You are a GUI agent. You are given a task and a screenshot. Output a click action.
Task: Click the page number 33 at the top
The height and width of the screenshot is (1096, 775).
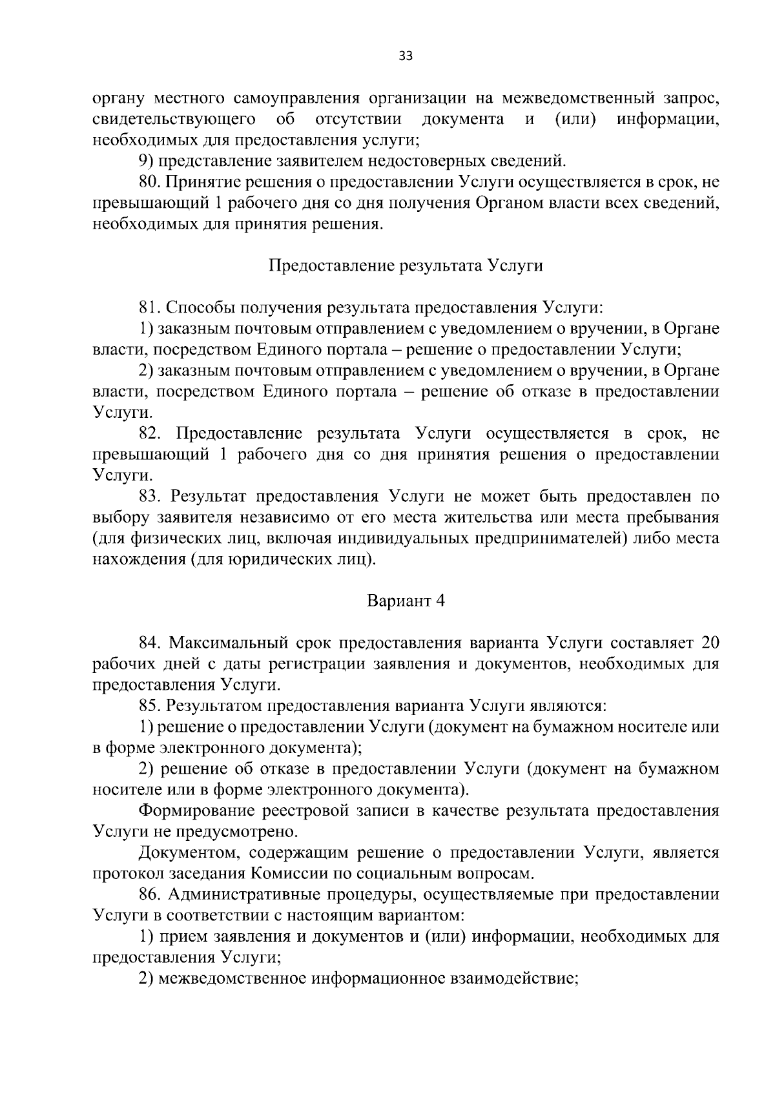[x=405, y=56]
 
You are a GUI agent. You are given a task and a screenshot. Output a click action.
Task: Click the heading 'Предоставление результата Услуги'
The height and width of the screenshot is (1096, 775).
[x=405, y=266]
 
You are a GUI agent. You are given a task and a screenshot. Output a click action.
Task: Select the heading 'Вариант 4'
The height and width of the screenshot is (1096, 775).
[x=406, y=601]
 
